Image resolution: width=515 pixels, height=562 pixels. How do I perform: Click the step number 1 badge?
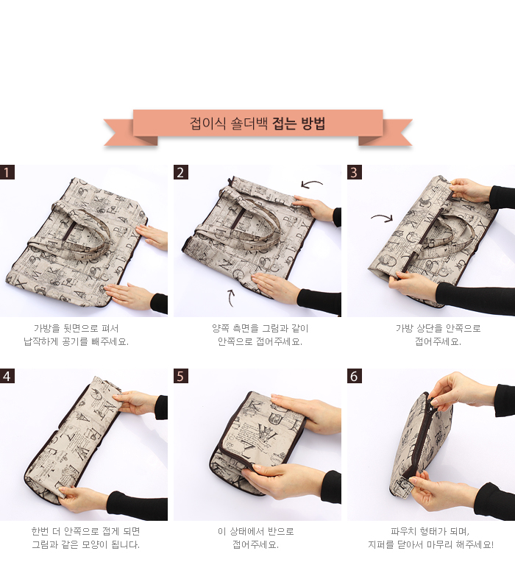(7, 172)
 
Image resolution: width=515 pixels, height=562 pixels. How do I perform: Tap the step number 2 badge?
(181, 172)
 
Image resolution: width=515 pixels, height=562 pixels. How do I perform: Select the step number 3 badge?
(354, 172)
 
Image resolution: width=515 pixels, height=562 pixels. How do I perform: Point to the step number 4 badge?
(7, 376)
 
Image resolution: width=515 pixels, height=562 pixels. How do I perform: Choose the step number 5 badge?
(181, 376)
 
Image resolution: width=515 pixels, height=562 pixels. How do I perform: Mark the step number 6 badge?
(354, 376)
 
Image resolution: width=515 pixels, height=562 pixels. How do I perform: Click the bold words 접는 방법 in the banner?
(299, 124)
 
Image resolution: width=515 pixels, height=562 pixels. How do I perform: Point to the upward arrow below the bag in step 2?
(230, 298)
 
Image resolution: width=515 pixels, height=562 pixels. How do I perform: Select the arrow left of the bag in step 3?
(383, 217)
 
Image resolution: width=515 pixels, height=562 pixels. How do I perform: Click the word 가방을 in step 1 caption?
(46, 328)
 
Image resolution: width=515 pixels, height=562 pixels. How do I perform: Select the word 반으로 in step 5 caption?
(281, 531)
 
